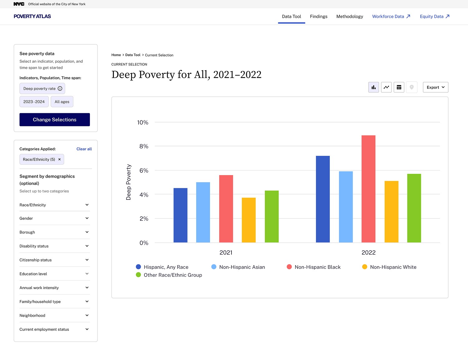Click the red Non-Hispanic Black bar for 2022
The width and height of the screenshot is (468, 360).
click(368, 189)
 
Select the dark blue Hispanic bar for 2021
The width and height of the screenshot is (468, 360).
click(180, 215)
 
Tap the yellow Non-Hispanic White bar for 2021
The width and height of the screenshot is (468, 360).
click(249, 220)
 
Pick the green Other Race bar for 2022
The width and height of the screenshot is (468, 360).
click(414, 208)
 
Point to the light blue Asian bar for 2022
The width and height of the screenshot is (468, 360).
click(346, 207)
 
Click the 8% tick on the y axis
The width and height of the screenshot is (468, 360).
click(144, 146)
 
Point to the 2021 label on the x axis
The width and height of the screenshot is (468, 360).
click(226, 252)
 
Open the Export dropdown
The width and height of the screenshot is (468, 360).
click(435, 87)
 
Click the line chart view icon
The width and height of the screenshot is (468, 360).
click(386, 87)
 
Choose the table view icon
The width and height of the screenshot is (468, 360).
click(399, 87)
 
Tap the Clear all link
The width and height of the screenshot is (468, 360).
click(84, 149)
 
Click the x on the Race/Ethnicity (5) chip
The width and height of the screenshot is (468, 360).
click(59, 159)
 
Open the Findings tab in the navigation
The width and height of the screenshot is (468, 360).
click(319, 17)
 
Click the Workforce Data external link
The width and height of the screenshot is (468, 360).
click(391, 17)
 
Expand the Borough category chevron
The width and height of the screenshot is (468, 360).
click(87, 232)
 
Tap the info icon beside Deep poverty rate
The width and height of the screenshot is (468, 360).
click(60, 89)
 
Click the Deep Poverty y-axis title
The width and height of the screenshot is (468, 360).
click(129, 182)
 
